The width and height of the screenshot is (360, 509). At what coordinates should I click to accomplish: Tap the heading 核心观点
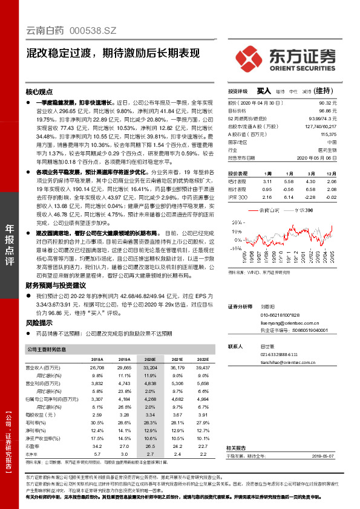(39, 92)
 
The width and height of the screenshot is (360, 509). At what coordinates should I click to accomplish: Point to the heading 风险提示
(39, 323)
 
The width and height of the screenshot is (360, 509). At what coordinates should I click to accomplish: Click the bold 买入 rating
(264, 91)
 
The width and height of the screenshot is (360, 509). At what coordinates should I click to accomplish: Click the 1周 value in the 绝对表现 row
(268, 181)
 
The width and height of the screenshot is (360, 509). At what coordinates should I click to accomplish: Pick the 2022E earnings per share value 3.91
(203, 414)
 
